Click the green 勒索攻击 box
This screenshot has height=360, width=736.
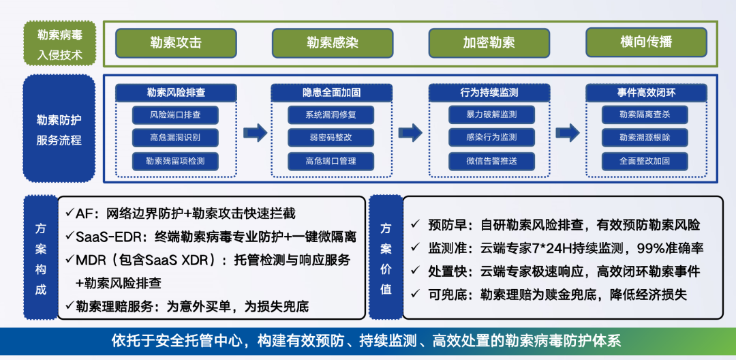coord(176,43)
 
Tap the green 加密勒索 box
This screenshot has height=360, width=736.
coord(489,43)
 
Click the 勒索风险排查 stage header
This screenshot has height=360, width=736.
coord(175,93)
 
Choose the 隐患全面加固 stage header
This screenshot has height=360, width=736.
coord(332,93)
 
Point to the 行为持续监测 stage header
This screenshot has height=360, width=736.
coord(489,93)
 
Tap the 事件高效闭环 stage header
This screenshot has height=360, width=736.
coord(645,93)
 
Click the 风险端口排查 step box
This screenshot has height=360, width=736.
coord(175,114)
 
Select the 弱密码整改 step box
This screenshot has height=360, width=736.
coord(331,138)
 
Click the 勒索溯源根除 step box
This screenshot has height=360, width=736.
coord(645,138)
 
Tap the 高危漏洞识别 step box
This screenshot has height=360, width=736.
coord(175,138)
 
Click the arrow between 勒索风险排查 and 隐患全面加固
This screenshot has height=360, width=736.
coord(255,132)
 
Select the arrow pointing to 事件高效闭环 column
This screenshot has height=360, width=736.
coord(568,132)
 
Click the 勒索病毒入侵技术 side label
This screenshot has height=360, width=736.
coord(59,44)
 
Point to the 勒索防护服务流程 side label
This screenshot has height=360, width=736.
coord(59,130)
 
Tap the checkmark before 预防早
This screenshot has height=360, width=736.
coord(415,224)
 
